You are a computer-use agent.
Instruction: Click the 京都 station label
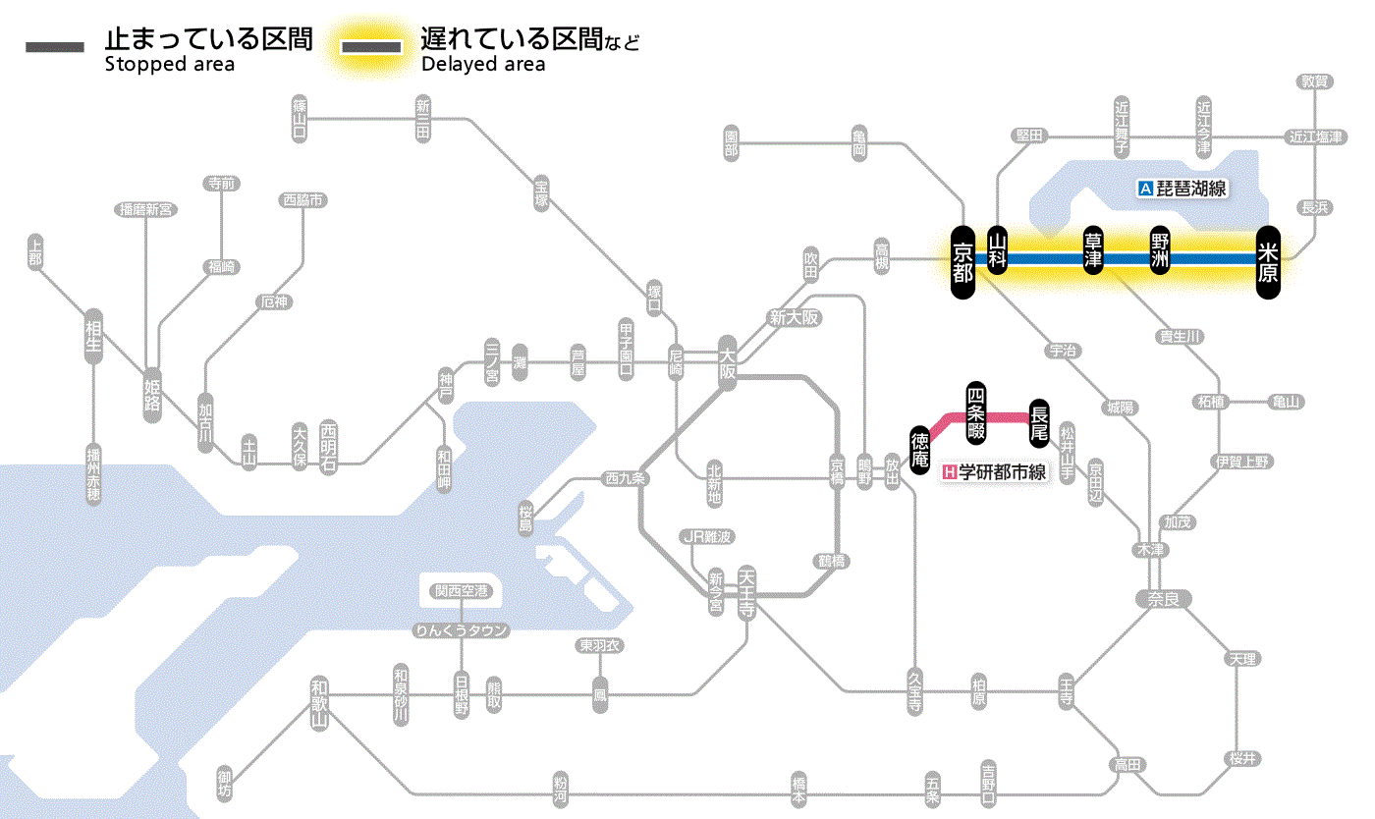(x=962, y=260)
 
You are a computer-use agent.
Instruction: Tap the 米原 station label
(x=1268, y=260)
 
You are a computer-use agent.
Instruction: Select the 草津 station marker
(x=1093, y=252)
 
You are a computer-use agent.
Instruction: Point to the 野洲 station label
(x=1160, y=252)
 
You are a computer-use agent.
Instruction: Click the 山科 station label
(x=998, y=252)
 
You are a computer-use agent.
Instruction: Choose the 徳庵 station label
(x=919, y=449)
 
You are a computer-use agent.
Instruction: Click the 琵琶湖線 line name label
(x=1182, y=189)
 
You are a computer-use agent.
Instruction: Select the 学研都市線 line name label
(x=994, y=472)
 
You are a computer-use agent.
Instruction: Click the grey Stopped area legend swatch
(x=55, y=46)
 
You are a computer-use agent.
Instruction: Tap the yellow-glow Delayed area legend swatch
(x=371, y=46)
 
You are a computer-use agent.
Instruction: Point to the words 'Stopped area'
(x=169, y=65)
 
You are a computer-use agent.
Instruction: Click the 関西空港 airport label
(x=461, y=591)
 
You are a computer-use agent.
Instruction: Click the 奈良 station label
(x=1163, y=598)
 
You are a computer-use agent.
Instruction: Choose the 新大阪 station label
(x=795, y=318)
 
